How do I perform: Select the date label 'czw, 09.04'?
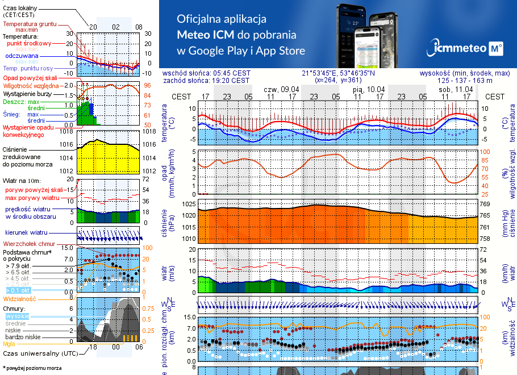(281, 90)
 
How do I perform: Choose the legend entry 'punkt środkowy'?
(29, 43)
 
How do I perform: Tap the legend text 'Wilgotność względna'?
(30, 85)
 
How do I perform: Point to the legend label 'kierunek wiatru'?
(25, 233)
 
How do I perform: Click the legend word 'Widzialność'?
(20, 298)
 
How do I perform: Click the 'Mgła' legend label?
(9, 344)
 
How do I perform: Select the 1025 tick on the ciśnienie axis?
(187, 203)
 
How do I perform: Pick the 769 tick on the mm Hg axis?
(485, 203)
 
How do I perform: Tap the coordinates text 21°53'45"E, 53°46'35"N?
(337, 73)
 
